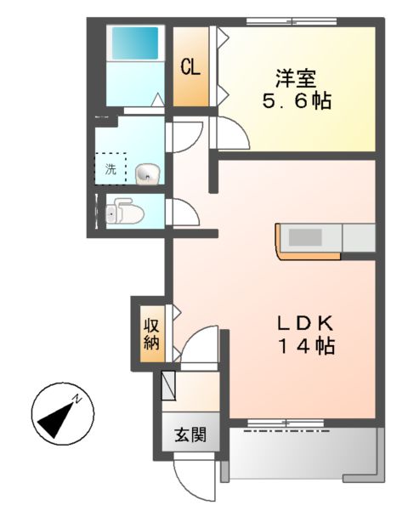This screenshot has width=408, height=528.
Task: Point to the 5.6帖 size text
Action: coord(295,101)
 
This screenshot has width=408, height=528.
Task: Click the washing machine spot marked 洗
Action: coord(110,167)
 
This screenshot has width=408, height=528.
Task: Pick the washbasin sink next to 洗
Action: coord(146,173)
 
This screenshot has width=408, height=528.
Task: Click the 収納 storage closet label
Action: coord(151,333)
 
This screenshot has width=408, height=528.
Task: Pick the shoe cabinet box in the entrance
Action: coord(168,384)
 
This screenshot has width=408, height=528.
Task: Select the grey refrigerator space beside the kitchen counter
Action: coord(357,238)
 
